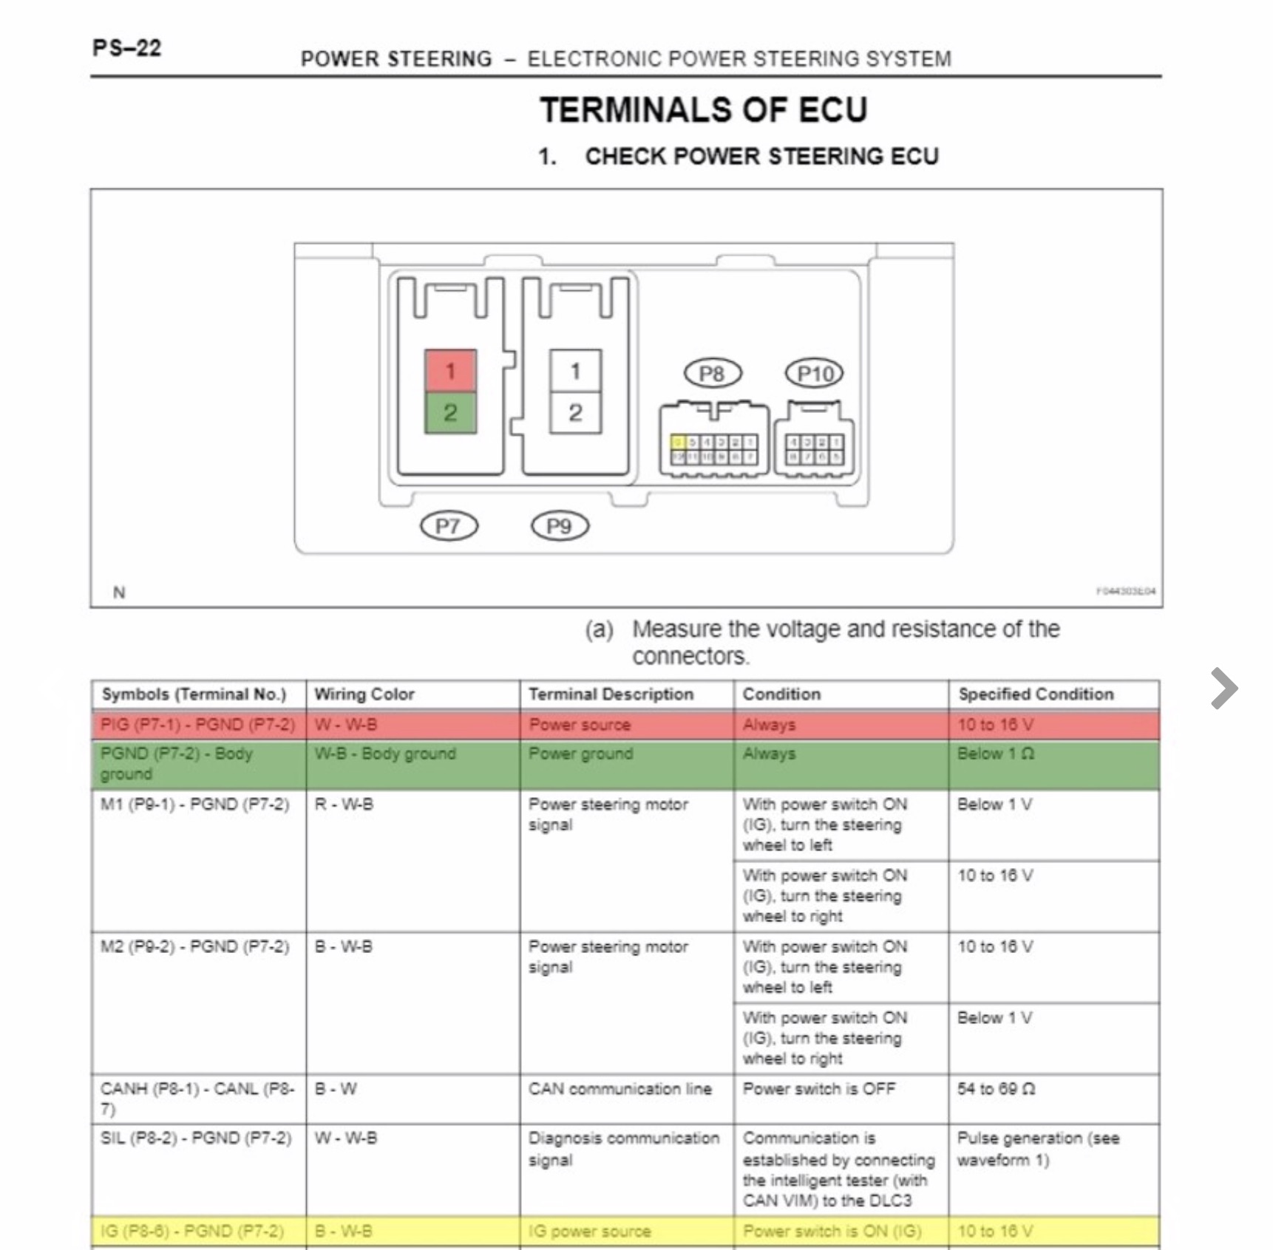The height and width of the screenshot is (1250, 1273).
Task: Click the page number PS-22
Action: [x=126, y=48]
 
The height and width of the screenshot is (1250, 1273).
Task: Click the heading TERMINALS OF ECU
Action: [x=703, y=110]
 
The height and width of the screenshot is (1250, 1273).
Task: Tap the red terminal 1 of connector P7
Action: [x=450, y=371]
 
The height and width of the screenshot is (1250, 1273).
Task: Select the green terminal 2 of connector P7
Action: [x=450, y=412]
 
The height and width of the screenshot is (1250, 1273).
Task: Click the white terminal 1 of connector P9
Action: [x=575, y=371]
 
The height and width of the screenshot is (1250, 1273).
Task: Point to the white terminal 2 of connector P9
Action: [x=575, y=412]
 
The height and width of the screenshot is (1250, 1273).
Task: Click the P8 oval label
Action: [x=711, y=374]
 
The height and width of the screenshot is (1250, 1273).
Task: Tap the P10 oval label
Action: [x=814, y=374]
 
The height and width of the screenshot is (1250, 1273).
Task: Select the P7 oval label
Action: [x=449, y=526]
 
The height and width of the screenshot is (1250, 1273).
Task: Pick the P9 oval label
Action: [x=560, y=526]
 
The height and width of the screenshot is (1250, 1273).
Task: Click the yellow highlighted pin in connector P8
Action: [x=678, y=443]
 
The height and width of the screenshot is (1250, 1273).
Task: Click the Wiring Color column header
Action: [x=364, y=694]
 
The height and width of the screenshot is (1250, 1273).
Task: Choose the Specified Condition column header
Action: [x=1036, y=694]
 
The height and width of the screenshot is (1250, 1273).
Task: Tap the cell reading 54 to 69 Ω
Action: [x=995, y=1089]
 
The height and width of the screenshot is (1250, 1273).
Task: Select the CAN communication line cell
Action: [x=619, y=1089]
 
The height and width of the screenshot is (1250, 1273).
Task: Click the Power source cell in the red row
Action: [x=580, y=725]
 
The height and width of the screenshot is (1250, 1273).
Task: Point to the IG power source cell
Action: [x=589, y=1232]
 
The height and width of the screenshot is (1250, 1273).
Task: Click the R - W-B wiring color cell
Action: [x=344, y=805]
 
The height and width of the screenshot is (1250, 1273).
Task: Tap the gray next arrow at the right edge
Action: [x=1224, y=689]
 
